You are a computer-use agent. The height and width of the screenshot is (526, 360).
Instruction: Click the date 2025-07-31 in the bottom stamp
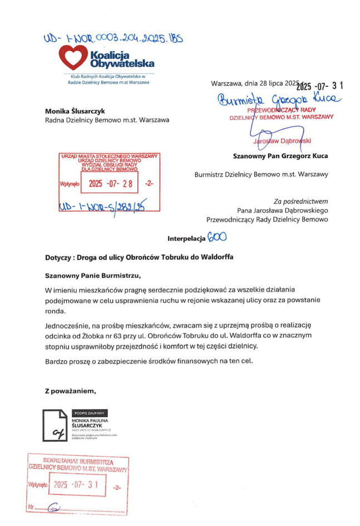click(77, 485)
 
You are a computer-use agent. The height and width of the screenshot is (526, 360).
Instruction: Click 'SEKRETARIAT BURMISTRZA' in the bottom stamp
click(78, 461)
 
